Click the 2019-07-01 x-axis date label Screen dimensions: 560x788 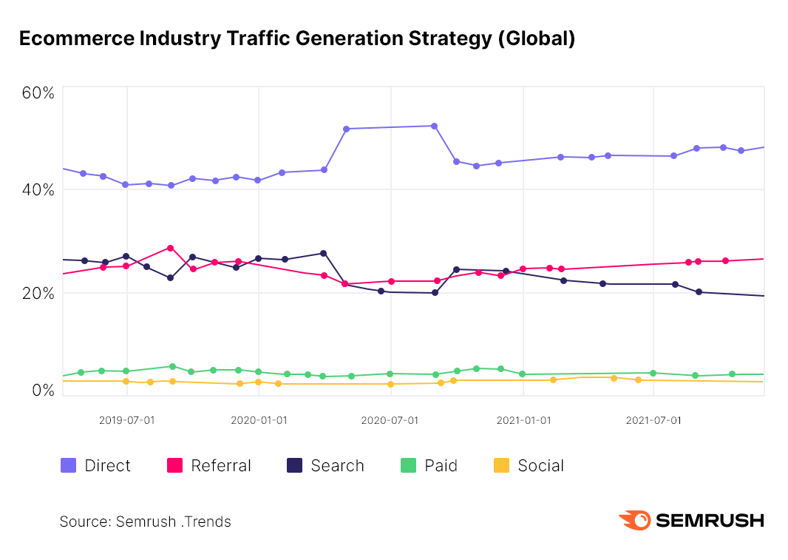pos(126,420)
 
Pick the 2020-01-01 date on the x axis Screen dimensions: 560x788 pos(259,420)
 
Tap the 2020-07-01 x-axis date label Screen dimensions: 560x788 pos(390,420)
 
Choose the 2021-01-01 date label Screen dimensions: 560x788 pos(523,420)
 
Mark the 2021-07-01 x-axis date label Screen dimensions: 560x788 pos(653,420)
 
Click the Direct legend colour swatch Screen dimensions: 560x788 pos(68,465)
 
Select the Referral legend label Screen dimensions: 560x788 pos(221,465)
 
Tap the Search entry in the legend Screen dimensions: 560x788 pos(337,465)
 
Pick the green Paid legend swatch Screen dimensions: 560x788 pos(408,465)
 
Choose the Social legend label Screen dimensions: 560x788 pos(540,465)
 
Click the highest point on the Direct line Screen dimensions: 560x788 pos(434,126)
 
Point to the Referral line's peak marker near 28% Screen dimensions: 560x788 pos(170,248)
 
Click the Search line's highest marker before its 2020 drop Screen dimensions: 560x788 pos(323,253)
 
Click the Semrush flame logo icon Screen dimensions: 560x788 pos(634,520)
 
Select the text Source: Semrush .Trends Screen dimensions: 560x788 pos(145,522)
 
